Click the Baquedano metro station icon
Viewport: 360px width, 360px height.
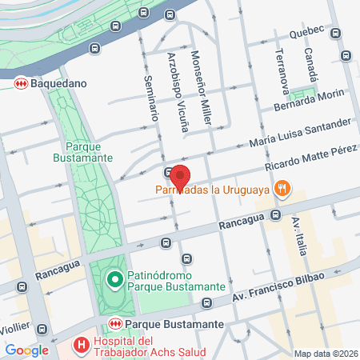[x=20, y=82]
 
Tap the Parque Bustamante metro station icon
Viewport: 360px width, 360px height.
[x=115, y=324]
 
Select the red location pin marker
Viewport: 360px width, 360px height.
[x=181, y=174]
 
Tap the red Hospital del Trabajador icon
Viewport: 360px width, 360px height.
[x=80, y=346]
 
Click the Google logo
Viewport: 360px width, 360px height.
[x=26, y=350]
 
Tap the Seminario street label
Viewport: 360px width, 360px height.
[x=150, y=98]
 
